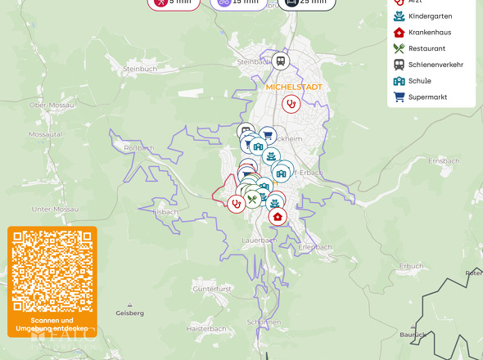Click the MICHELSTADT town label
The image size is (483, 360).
coord(294,86)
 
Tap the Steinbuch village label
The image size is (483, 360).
coord(138,69)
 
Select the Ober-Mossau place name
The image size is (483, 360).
coord(48,105)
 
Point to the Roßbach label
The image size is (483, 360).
coord(138,147)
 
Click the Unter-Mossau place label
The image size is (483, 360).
coord(54,209)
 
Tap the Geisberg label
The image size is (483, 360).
coord(130,313)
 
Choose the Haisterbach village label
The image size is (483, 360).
coord(205,328)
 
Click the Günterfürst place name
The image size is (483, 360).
coord(212,289)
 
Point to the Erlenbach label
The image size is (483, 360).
coord(315,246)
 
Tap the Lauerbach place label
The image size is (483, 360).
coord(259,241)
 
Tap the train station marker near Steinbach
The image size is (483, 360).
coord(281,61)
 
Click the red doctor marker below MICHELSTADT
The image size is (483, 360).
coord(290,103)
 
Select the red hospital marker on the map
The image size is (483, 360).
coord(278,217)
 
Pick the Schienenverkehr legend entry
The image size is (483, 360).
coord(435,65)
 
